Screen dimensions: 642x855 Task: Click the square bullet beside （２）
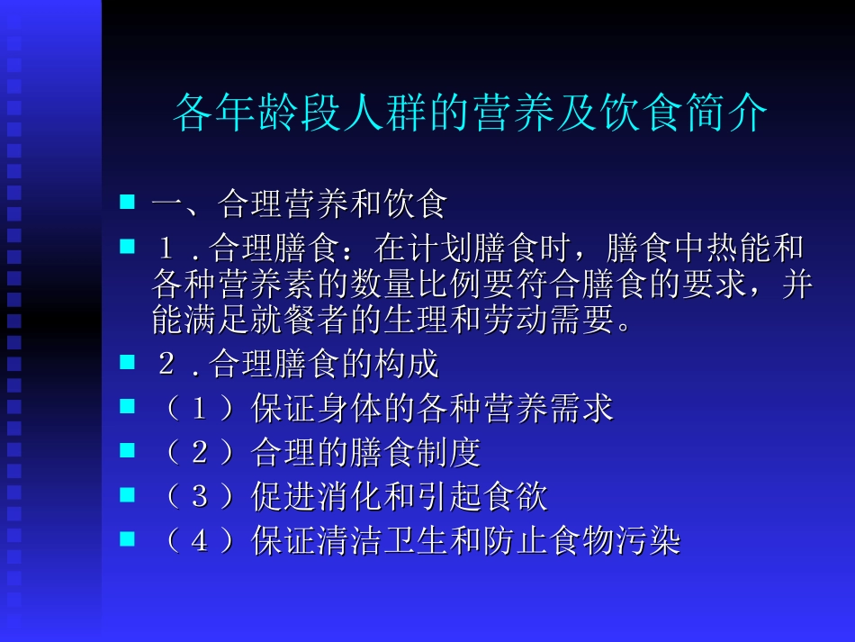tap(128, 449)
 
